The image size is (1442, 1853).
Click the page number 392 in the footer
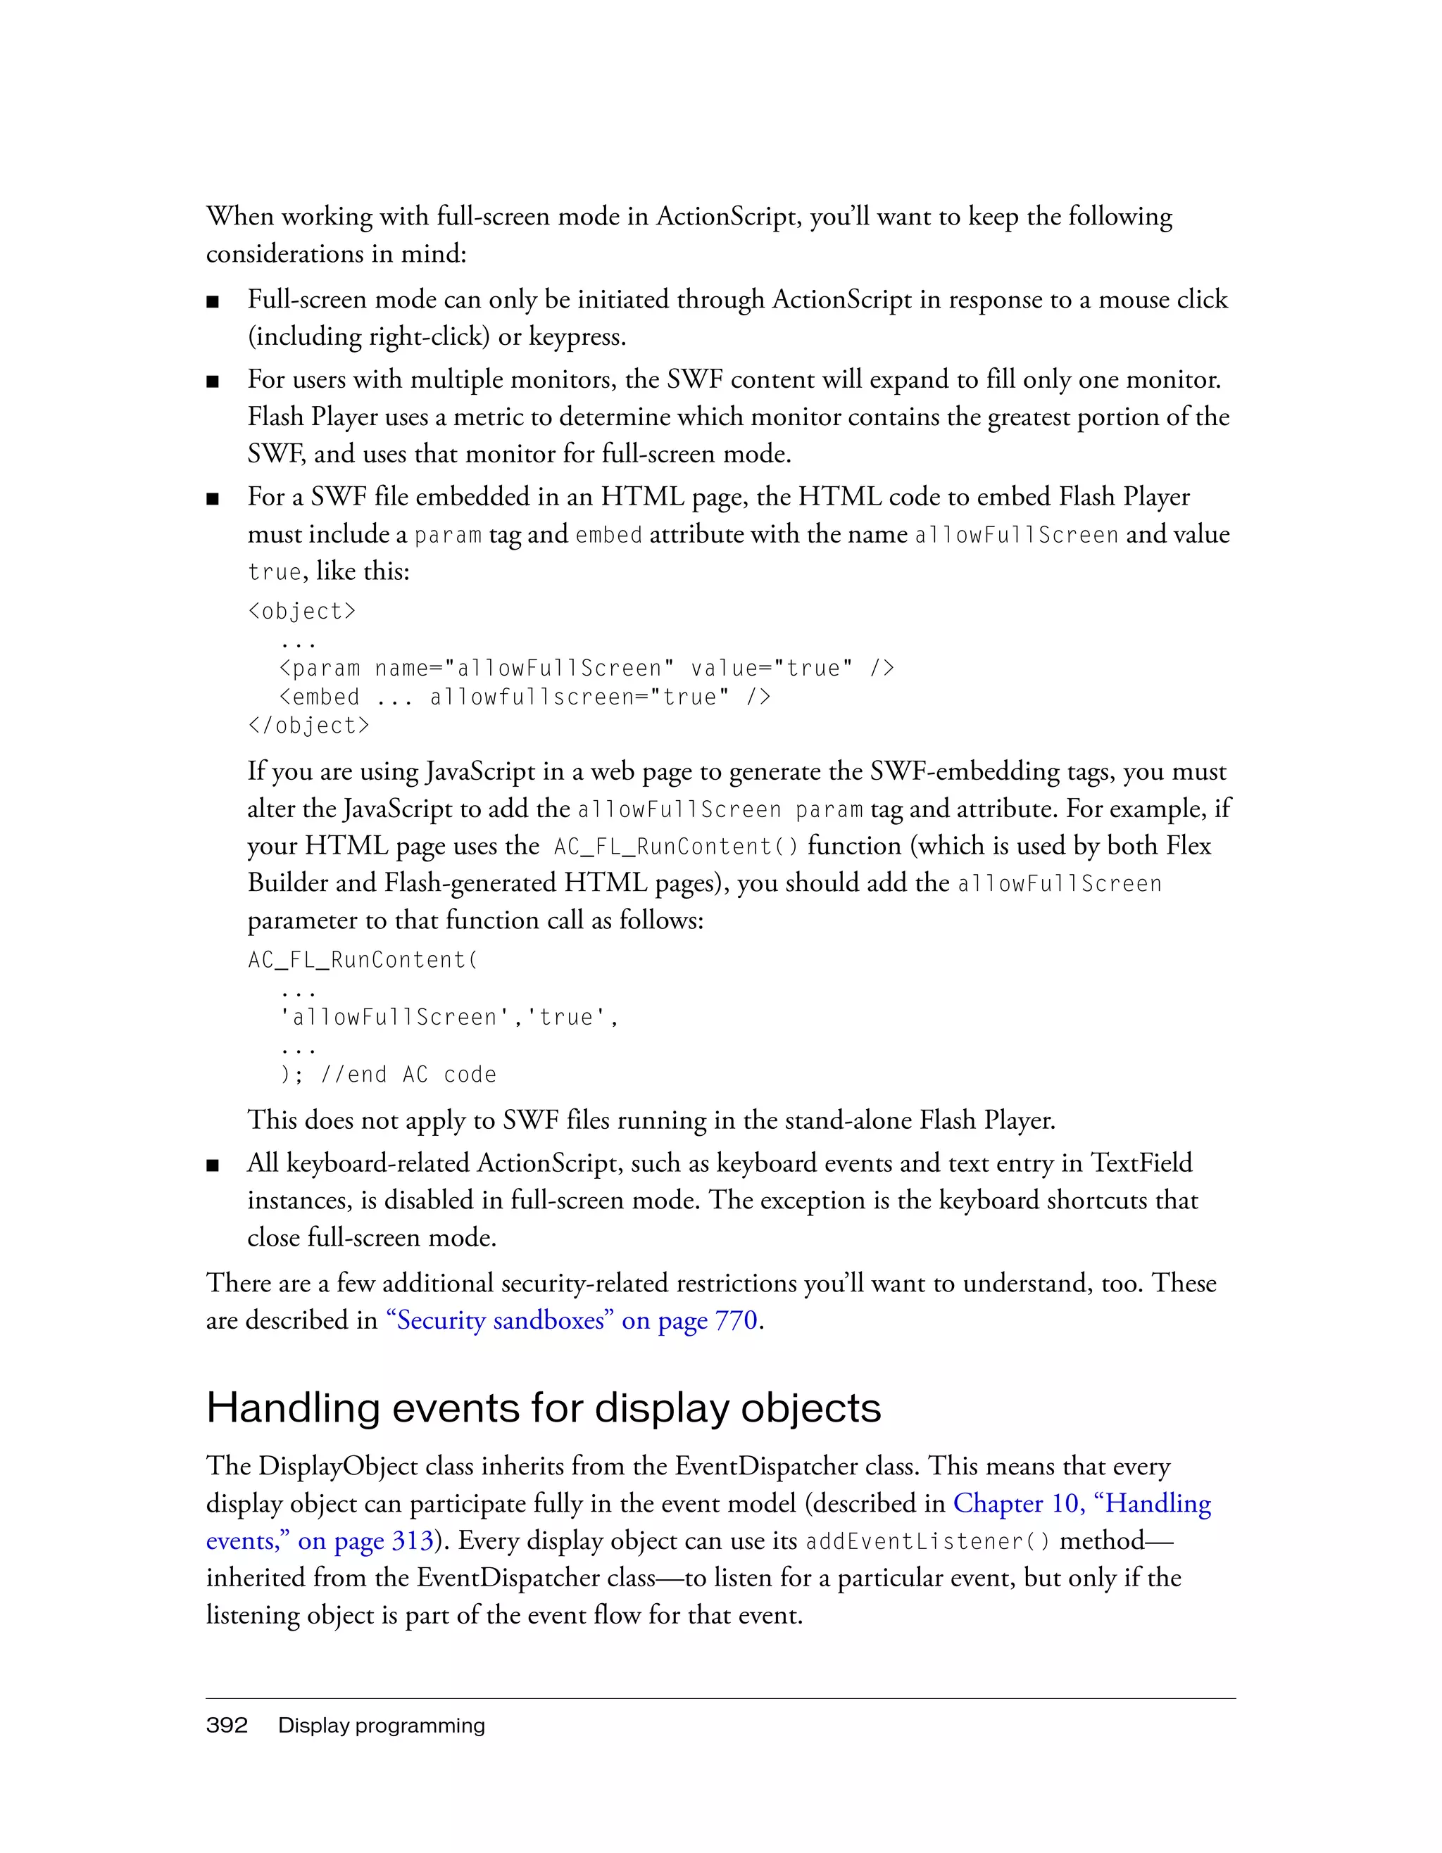click(227, 1725)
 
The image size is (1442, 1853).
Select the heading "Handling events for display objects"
click(543, 1408)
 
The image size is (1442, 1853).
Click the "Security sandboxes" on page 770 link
click(571, 1320)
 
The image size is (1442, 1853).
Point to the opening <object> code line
click(301, 611)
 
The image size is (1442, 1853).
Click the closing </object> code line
click(308, 726)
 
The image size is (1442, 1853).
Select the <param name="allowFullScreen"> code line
click(586, 669)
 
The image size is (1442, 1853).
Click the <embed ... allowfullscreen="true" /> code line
click(525, 697)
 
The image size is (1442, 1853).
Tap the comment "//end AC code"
click(408, 1075)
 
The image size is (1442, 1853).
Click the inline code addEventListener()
click(928, 1541)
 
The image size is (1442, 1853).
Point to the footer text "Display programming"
click(381, 1725)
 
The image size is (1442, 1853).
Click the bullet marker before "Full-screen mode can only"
click(213, 302)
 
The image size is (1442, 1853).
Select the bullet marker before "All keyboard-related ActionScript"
click(213, 1165)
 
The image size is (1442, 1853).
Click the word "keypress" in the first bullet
click(575, 337)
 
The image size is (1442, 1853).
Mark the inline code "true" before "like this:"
click(274, 572)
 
